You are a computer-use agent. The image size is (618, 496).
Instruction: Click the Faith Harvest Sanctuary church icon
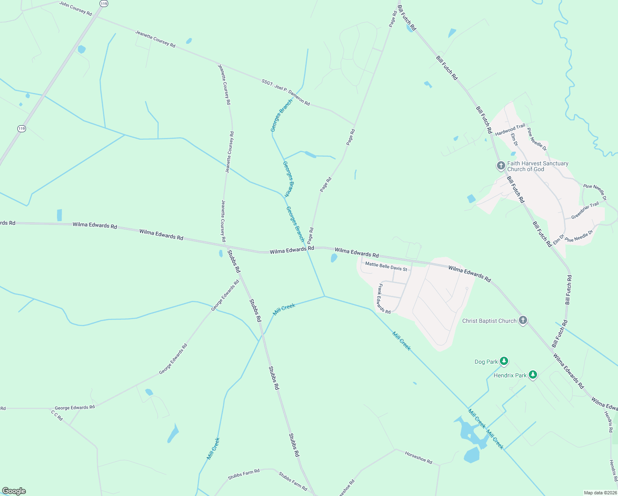501,166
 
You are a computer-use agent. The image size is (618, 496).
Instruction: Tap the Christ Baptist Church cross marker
523,320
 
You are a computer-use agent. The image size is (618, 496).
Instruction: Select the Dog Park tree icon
504,361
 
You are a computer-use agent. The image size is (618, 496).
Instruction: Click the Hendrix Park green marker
533,375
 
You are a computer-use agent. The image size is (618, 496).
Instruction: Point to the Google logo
14,491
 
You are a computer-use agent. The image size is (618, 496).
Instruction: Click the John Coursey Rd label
76,8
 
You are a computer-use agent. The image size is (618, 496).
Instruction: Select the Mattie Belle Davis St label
386,267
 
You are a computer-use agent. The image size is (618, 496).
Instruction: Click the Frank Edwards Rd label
384,298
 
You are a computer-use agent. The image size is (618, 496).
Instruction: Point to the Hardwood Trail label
510,130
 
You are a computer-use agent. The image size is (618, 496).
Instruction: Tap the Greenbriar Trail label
585,211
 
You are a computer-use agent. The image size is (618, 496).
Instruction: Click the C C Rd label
57,415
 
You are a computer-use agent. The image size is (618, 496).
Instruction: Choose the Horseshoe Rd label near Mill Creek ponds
418,458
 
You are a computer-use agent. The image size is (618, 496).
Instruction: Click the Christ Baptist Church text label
489,321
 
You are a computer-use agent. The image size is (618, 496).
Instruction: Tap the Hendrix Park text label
510,375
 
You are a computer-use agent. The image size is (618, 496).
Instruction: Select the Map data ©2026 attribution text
600,493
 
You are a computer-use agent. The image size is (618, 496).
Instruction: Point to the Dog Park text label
486,362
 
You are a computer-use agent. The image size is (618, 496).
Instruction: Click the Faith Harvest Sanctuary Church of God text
537,166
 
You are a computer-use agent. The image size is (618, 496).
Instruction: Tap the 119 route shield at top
104,3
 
